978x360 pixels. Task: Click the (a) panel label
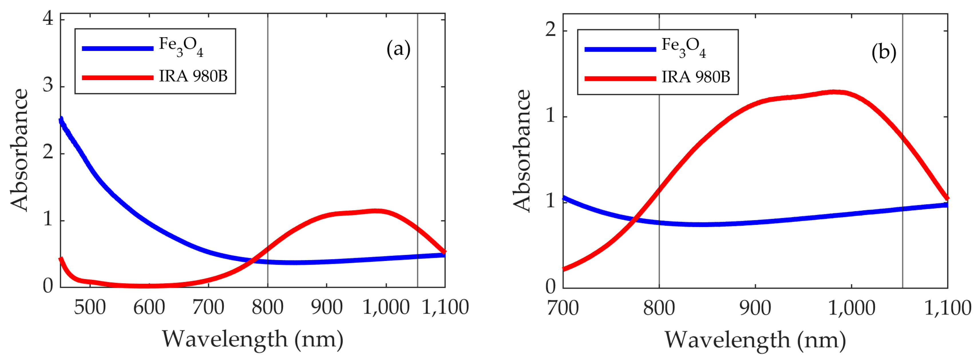click(398, 50)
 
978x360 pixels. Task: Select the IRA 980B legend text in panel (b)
click(696, 77)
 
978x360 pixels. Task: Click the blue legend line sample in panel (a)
click(118, 48)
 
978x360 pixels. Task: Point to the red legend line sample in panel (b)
click(620, 79)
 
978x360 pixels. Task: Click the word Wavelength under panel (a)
click(225, 339)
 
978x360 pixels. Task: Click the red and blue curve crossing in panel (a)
click(251, 260)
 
